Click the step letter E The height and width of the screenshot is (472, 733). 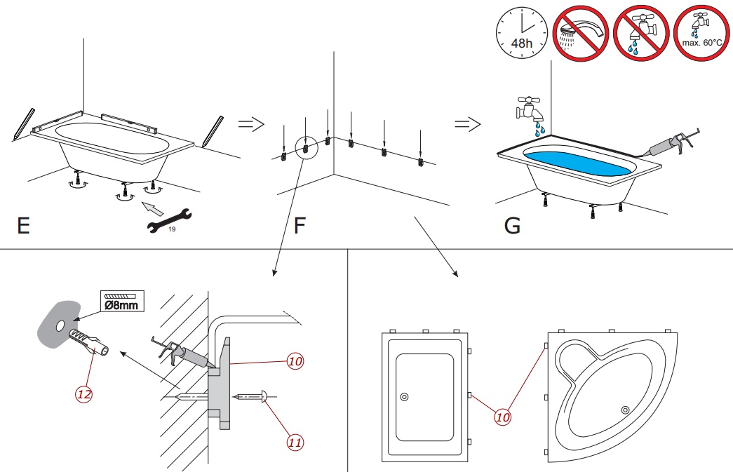pyautogui.click(x=24, y=227)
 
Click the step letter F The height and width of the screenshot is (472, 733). pyautogui.click(x=300, y=227)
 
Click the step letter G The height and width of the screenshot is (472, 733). pyautogui.click(x=513, y=227)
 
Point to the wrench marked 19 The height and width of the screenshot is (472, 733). pyautogui.click(x=168, y=219)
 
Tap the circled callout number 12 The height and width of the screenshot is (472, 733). pyautogui.click(x=84, y=393)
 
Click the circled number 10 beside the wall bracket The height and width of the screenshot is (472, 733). pyautogui.click(x=295, y=362)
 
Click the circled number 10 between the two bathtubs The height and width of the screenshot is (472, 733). pyautogui.click(x=502, y=417)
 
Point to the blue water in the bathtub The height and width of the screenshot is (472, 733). pyautogui.click(x=578, y=166)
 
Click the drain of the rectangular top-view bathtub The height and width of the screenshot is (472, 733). pyautogui.click(x=405, y=397)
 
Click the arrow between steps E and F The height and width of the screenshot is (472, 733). pyautogui.click(x=250, y=124)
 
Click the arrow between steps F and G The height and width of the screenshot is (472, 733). pyautogui.click(x=468, y=124)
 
